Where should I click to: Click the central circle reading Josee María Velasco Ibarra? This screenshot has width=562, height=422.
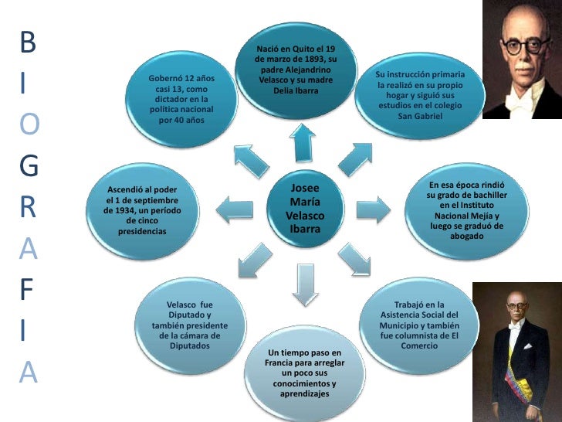coord(305,209)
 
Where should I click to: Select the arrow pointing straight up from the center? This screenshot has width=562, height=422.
coord(303,143)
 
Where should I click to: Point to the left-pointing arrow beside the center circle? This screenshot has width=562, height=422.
coord(235,209)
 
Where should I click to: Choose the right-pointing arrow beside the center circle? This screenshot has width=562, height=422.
coord(374,209)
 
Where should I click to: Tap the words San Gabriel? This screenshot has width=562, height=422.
coord(420,116)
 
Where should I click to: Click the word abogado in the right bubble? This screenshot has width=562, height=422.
coord(466,237)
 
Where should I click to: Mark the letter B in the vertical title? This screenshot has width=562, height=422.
coord(28,42)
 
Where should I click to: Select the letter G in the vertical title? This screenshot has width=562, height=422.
coord(29,165)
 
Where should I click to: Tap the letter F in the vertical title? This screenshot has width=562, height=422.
coord(26,289)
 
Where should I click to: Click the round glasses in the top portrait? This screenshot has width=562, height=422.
coord(526,46)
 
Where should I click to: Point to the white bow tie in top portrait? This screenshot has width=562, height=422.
coord(518,100)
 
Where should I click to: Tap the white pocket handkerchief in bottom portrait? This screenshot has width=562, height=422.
coord(526,346)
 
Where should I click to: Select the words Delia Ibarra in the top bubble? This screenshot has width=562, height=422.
coord(296,90)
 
